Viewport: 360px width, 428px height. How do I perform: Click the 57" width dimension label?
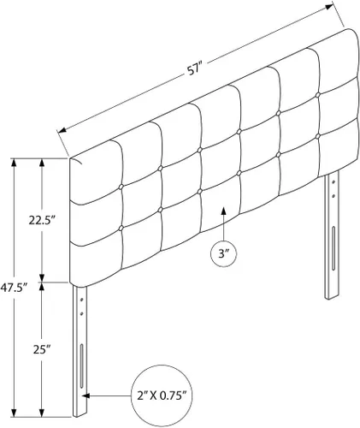click(194, 70)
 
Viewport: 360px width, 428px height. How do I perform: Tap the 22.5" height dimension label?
click(42, 220)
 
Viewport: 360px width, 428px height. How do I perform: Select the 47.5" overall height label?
click(14, 288)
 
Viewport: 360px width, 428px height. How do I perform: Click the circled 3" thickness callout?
click(224, 253)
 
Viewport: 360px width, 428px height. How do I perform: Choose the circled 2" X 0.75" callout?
click(162, 396)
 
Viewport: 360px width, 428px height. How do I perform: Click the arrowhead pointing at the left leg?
click(86, 396)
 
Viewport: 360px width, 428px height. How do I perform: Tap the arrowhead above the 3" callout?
click(224, 211)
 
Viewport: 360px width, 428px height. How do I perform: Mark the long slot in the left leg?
click(81, 366)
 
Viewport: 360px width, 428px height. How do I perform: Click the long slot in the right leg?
click(333, 248)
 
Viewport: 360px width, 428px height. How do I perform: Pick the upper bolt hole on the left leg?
click(82, 300)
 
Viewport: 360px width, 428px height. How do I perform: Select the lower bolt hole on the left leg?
click(82, 314)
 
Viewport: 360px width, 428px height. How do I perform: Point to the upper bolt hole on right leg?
click(333, 182)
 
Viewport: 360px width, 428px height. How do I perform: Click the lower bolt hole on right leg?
click(333, 196)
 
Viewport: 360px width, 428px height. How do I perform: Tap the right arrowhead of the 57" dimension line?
click(329, 7)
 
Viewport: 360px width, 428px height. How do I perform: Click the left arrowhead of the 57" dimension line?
click(62, 131)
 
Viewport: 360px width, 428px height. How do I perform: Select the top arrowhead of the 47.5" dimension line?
click(14, 163)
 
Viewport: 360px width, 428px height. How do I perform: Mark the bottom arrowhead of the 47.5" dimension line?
click(14, 413)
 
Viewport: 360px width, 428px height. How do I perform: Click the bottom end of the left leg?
click(80, 414)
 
